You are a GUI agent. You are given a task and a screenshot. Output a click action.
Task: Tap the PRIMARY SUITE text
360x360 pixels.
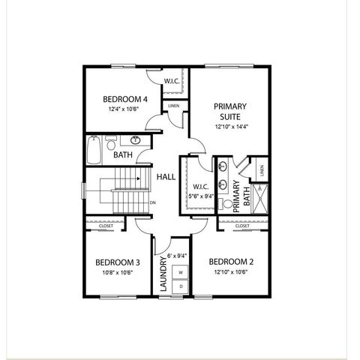point(229,112)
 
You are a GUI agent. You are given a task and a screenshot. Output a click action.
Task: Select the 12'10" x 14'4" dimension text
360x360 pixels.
point(229,126)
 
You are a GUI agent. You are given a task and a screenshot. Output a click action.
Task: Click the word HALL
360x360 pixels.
point(165,177)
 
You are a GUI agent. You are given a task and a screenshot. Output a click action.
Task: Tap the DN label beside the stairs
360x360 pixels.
point(152,202)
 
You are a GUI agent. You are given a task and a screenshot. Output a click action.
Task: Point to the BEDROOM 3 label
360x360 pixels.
point(117,262)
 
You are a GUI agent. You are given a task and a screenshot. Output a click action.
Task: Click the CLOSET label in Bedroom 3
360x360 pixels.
point(106,225)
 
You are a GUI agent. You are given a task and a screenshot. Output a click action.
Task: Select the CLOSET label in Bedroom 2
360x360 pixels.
point(242,225)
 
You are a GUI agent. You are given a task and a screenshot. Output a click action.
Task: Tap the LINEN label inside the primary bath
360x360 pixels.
point(261,171)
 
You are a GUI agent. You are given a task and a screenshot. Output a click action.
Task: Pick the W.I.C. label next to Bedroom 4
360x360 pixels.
point(170,81)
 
